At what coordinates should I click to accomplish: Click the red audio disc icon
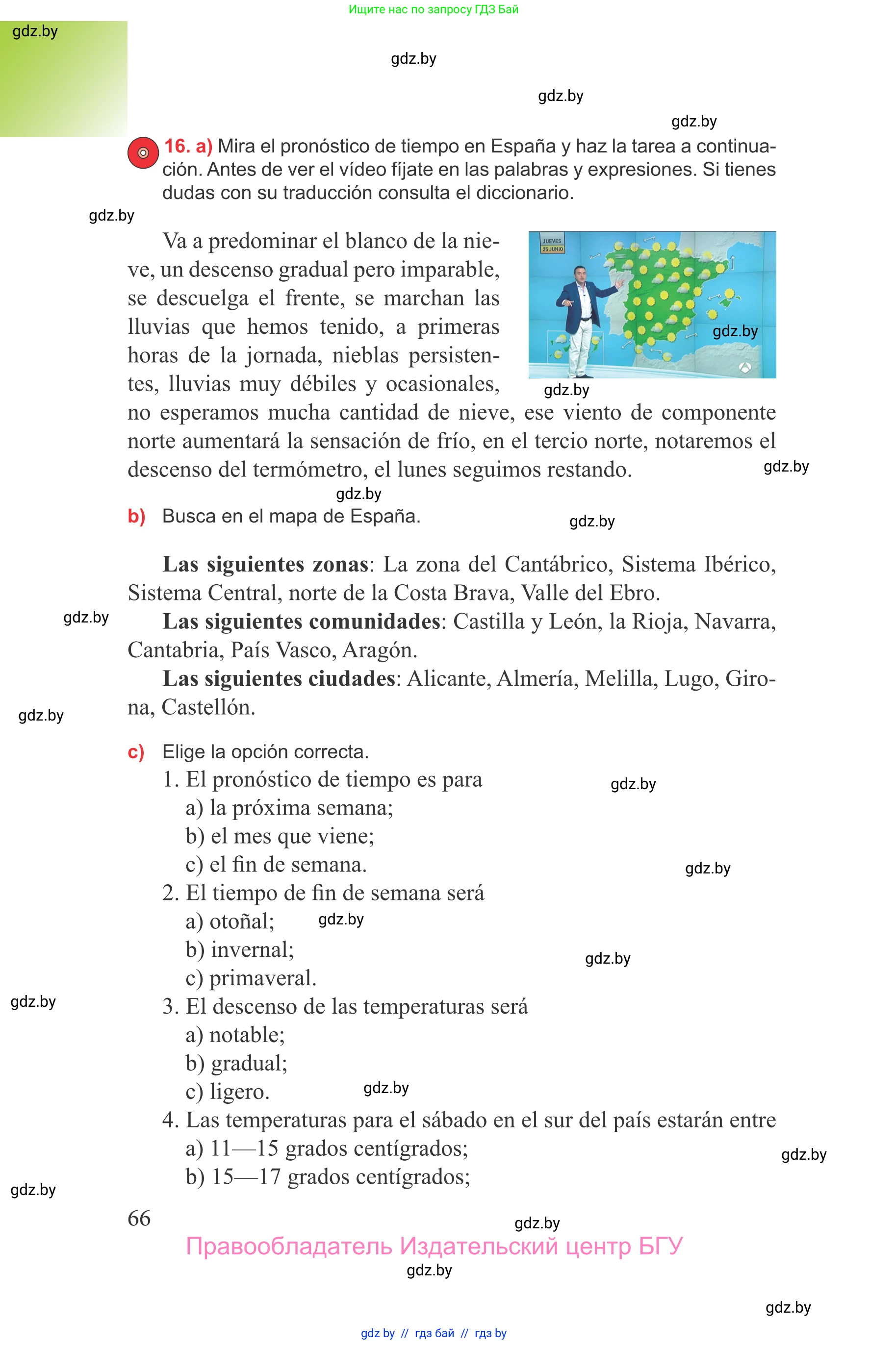pos(143,152)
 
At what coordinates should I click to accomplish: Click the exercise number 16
pos(176,146)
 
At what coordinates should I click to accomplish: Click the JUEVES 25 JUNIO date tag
pos(552,245)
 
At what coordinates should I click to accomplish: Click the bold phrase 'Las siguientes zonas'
pos(265,564)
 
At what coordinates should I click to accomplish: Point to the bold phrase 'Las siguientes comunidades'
pos(301,621)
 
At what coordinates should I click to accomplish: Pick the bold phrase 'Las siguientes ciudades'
pos(279,678)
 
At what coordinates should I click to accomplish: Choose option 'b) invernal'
pos(240,949)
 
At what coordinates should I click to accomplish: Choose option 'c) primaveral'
pos(251,978)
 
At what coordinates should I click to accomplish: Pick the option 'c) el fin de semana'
pos(276,865)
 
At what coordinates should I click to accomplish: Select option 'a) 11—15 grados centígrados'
pos(327,1148)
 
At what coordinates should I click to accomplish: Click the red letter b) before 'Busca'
pos(136,516)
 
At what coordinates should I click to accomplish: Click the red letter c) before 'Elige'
pos(136,752)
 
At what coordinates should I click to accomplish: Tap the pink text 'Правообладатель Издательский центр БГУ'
pos(434,1246)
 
